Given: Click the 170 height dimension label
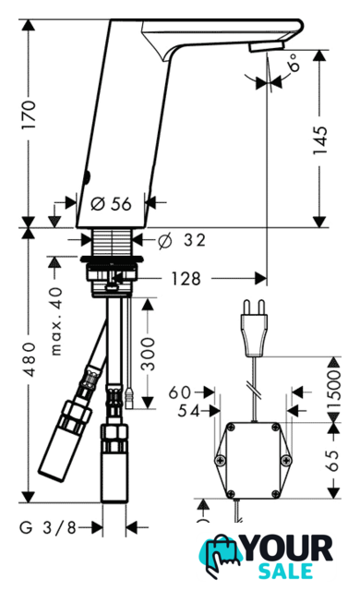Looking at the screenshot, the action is [29, 115].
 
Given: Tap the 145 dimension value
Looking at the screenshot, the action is [320, 139].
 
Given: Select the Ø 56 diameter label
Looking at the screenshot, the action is [112, 204].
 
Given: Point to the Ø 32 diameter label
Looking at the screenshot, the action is [182, 240].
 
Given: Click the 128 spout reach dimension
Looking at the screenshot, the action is [186, 279].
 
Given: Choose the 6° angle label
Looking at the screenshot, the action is [294, 62].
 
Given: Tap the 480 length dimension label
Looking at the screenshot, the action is [29, 359].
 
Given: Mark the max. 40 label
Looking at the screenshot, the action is [56, 321].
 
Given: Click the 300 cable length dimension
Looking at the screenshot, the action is [148, 354].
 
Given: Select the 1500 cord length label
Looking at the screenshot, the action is [333, 390].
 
